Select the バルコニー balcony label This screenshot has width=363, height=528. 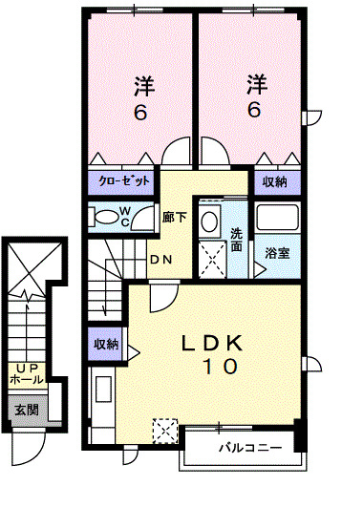(x=248, y=447)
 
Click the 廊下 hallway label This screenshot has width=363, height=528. (x=174, y=218)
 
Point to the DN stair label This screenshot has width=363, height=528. (x=160, y=260)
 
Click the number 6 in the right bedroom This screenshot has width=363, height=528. (x=254, y=109)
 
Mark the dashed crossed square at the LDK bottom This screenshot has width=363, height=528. (x=164, y=433)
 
